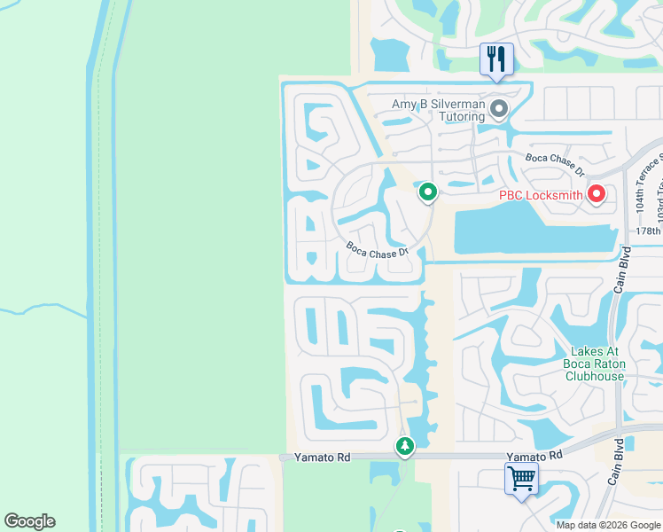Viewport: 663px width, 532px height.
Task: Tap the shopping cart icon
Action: tap(521, 480)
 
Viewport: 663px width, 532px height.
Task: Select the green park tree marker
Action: tap(405, 445)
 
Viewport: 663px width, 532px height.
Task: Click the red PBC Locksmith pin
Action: tap(597, 193)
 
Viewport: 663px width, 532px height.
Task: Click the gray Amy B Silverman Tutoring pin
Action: tap(499, 110)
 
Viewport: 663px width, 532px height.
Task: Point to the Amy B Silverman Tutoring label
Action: tap(439, 110)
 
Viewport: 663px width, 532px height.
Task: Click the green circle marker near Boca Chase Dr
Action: tap(428, 191)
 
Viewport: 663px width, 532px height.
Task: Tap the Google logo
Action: tap(30, 521)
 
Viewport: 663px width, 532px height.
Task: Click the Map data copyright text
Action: tap(609, 525)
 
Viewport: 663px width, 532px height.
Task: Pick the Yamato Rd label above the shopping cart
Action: tap(534, 455)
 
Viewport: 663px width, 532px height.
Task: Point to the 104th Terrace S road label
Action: tap(644, 182)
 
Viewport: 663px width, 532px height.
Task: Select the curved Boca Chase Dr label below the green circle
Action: tap(378, 251)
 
